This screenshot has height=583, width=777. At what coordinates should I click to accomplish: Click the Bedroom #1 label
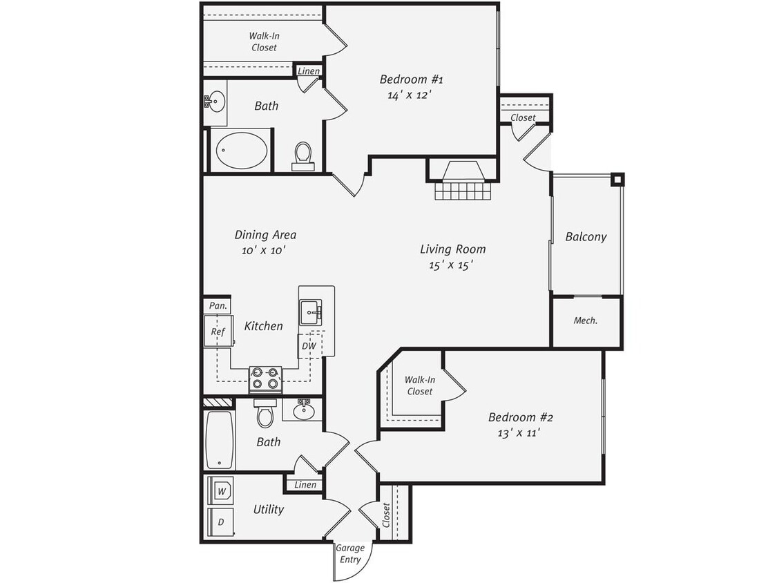[x=412, y=79]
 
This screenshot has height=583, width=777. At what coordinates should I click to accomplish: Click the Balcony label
[x=586, y=236]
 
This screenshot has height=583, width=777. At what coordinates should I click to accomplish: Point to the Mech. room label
[x=586, y=321]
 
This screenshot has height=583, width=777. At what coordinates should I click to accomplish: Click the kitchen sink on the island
[x=313, y=312]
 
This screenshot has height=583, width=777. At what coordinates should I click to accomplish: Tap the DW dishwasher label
[x=307, y=345]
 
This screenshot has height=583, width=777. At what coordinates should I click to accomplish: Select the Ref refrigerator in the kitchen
[x=219, y=332]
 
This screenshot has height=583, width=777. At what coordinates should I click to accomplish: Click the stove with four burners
[x=265, y=378]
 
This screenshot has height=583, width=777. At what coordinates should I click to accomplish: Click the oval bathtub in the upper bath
[x=242, y=150]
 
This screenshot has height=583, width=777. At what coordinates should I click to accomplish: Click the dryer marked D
[x=221, y=522]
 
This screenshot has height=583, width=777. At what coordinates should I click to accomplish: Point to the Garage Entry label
[x=350, y=553]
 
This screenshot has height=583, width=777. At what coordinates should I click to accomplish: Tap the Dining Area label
[x=265, y=235]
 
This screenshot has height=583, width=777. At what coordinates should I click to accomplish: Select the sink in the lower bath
[x=303, y=410]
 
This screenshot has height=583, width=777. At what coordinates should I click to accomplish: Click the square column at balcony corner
[x=617, y=180]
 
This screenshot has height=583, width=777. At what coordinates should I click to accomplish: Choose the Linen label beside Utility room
[x=305, y=485]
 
